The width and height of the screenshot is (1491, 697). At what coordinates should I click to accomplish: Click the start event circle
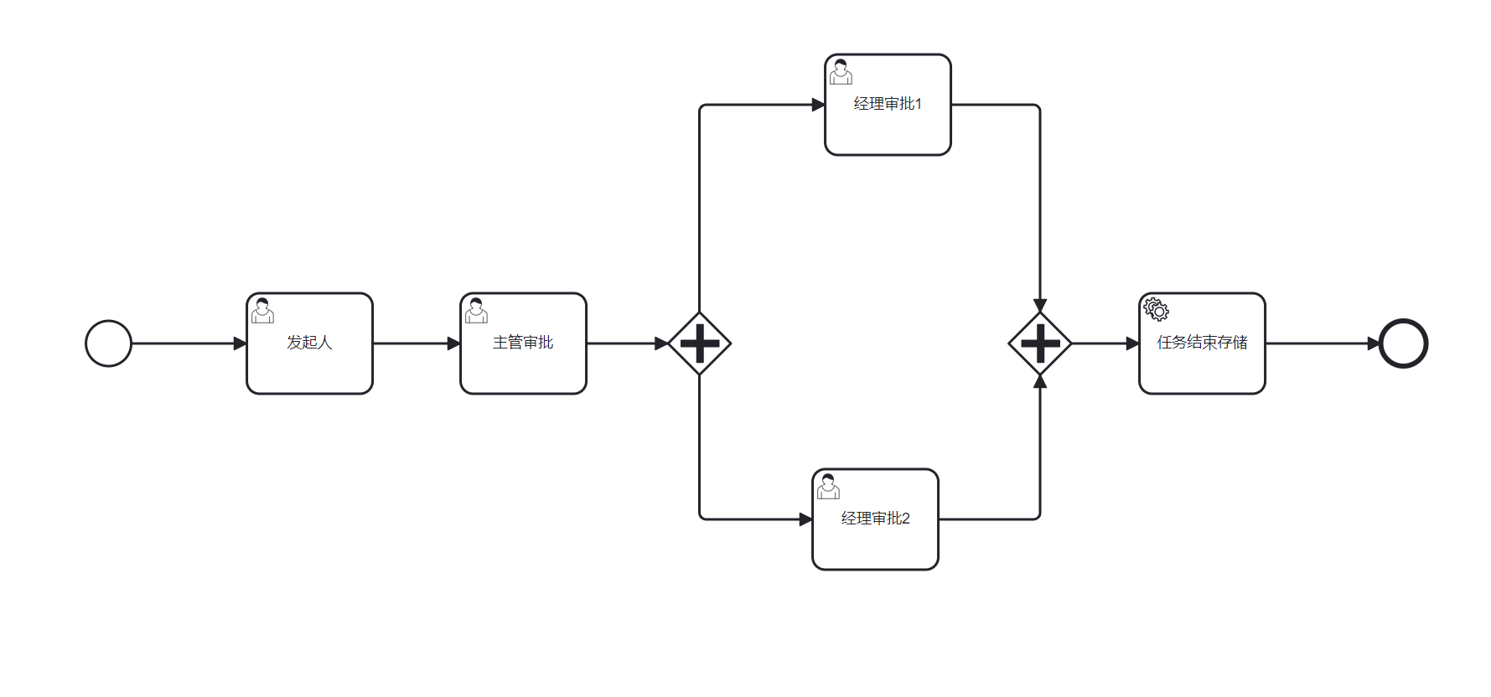[109, 343]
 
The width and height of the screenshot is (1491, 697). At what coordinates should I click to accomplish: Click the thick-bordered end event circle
[1403, 343]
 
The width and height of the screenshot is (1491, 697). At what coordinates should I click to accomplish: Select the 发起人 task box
[309, 360]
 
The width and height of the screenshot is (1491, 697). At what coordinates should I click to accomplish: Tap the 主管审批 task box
[523, 360]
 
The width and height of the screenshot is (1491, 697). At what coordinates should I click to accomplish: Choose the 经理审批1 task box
[888, 126]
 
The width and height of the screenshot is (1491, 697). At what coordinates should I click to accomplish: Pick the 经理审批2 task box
[875, 540]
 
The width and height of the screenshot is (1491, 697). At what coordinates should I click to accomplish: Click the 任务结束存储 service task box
[1202, 364]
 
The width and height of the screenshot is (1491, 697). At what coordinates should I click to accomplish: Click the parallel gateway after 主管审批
[700, 343]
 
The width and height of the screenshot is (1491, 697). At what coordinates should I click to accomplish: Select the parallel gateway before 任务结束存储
[1040, 343]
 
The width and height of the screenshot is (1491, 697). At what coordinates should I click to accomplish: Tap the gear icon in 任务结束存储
[1157, 309]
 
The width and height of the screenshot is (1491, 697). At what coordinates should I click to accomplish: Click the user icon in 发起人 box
[263, 310]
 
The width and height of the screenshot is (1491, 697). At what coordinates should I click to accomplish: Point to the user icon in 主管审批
[477, 310]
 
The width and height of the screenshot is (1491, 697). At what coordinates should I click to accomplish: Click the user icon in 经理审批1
[841, 71]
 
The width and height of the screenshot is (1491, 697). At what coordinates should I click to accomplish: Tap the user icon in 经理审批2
[828, 486]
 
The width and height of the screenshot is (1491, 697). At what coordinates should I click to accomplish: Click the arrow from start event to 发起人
[184, 343]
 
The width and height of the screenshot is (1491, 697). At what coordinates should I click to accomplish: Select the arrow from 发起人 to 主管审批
[415, 343]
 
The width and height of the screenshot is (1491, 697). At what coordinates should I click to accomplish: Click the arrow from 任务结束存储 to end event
[1320, 343]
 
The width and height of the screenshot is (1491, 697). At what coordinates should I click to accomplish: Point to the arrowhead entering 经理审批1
[819, 105]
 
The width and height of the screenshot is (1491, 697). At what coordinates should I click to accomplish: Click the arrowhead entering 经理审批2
[806, 519]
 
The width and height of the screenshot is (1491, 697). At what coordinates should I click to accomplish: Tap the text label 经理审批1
[888, 104]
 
